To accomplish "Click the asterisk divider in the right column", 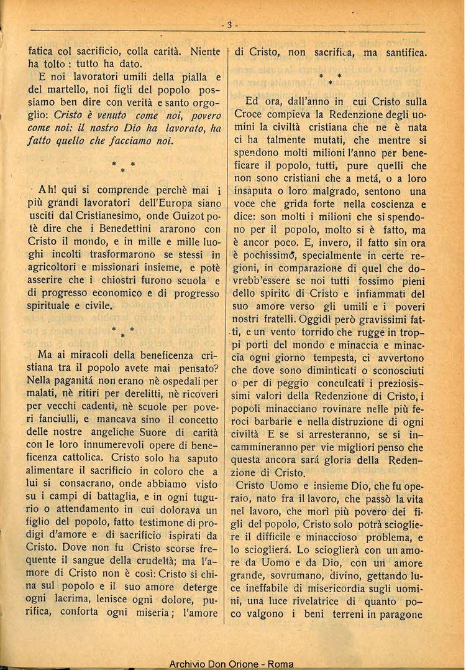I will (x=331, y=78).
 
